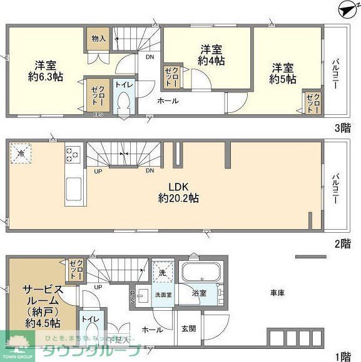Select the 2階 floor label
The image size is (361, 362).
click(343, 243)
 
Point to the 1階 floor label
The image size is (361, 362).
click(343, 356)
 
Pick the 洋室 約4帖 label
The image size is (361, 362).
click(211, 55)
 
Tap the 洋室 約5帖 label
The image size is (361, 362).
click(282, 73)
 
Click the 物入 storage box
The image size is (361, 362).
click(98, 39)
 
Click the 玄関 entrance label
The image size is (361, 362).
click(188, 329)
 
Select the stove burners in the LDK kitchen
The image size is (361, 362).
click(72, 154)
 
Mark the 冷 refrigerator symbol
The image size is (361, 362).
click(21, 154)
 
